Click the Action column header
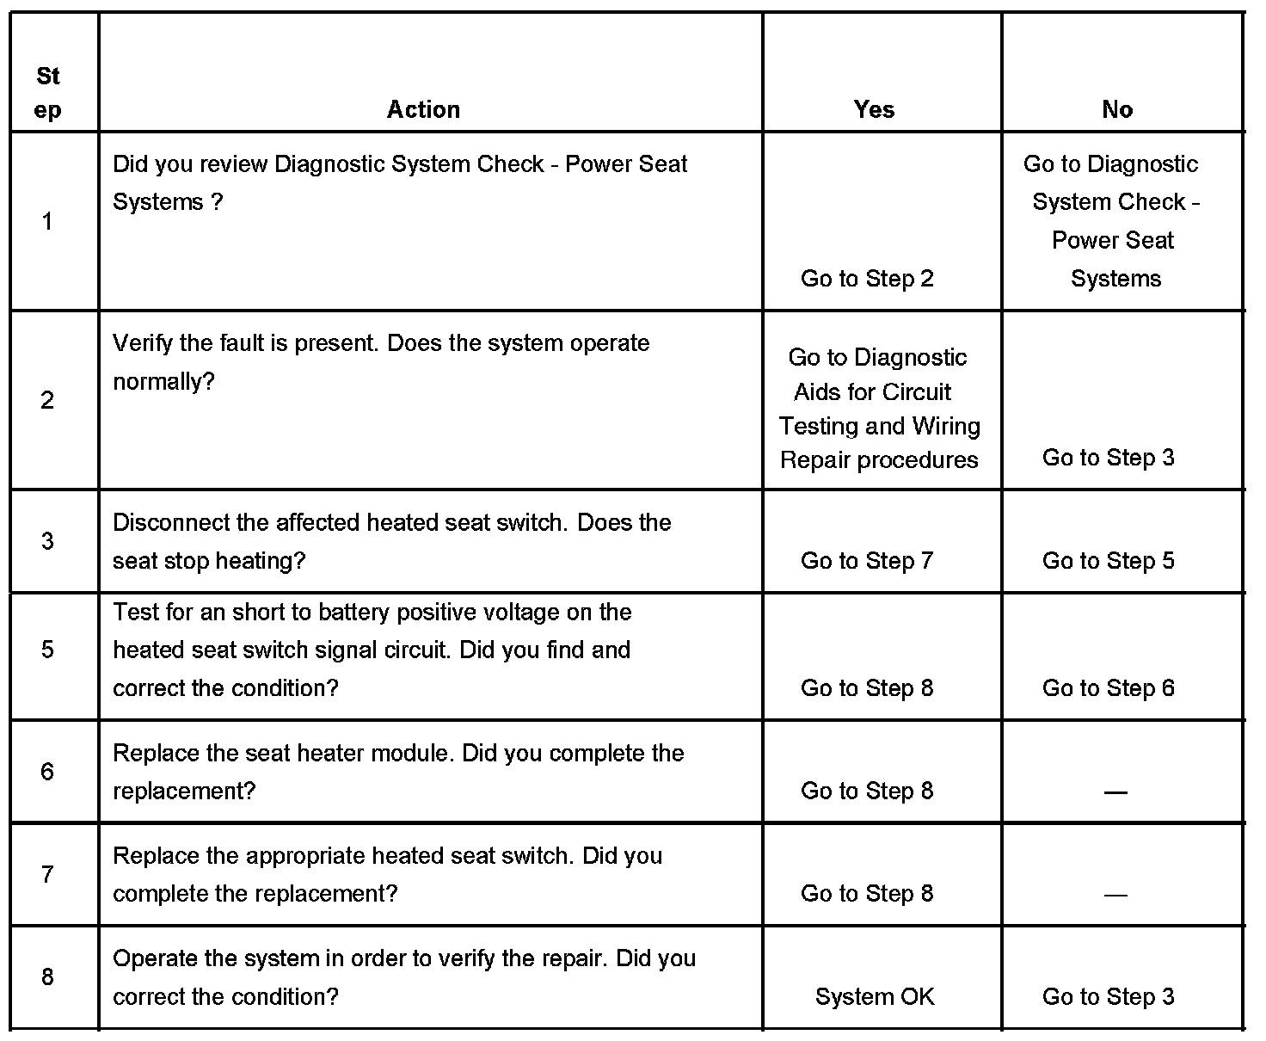(423, 109)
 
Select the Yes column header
(874, 109)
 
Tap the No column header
(1117, 109)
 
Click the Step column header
(48, 93)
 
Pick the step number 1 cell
(47, 222)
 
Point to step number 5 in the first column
(47, 650)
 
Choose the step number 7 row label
(47, 874)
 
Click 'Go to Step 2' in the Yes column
(867, 279)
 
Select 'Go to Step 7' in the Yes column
(867, 561)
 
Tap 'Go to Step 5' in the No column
(1108, 561)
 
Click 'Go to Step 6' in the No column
(1108, 688)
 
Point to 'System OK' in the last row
(875, 997)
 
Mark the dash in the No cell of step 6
(1115, 792)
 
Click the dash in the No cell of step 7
(1115, 896)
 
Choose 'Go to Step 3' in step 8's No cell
(1108, 997)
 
